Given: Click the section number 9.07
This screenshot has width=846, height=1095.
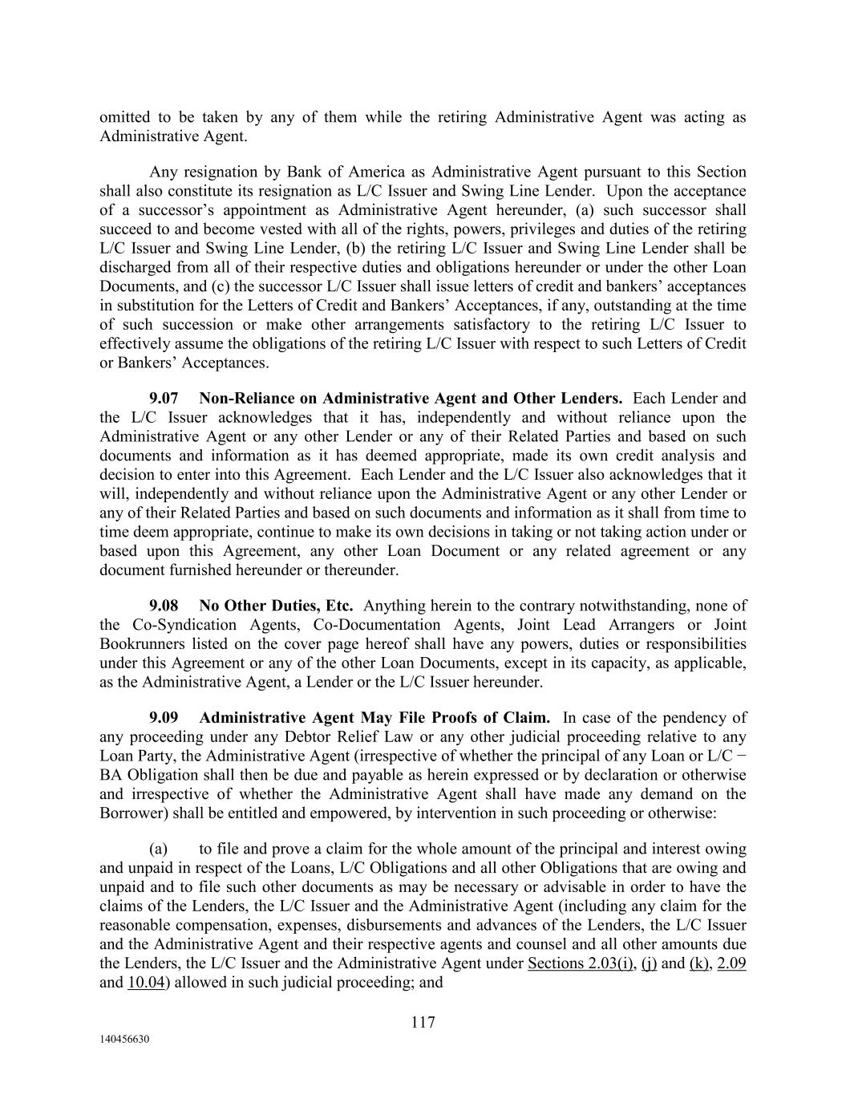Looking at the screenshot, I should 164,398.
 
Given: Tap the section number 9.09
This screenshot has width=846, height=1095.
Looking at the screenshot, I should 164,717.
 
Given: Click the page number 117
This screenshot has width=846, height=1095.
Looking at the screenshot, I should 423,1022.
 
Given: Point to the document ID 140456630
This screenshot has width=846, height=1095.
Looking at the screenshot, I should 124,1039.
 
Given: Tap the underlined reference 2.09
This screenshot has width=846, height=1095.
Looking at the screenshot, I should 731,963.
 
